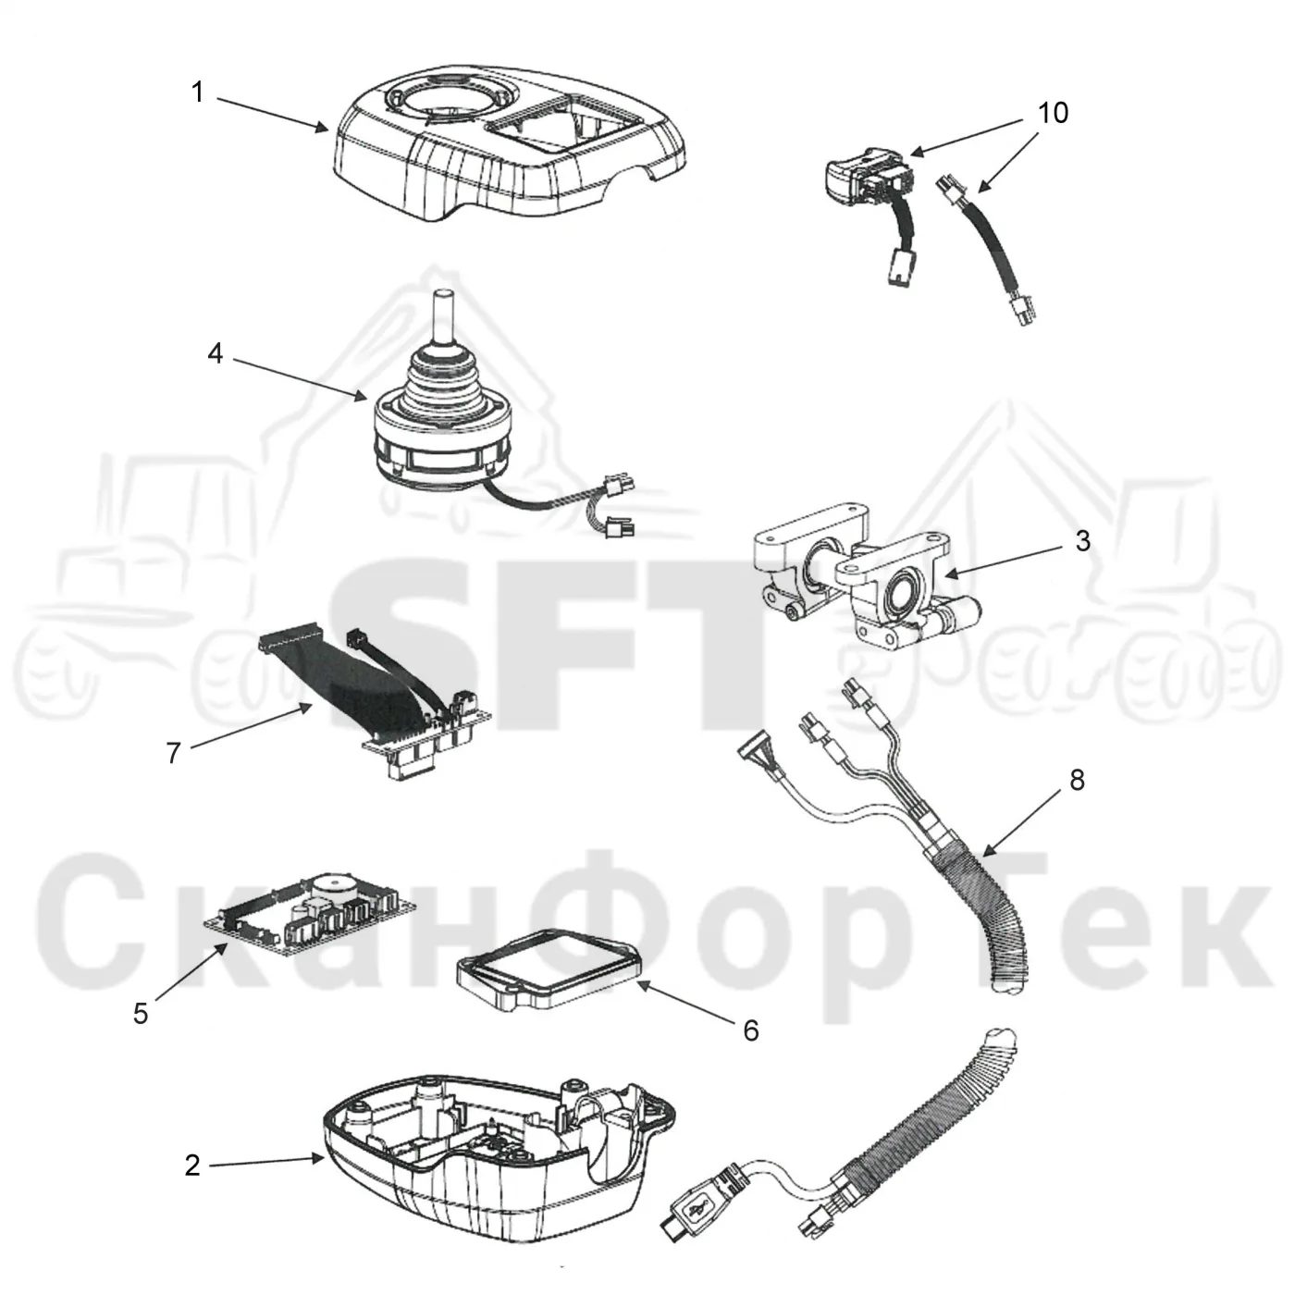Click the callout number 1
tap(197, 92)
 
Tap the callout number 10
tap(1053, 113)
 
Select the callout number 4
tap(215, 352)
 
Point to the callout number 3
tap(1082, 540)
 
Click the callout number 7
tap(174, 753)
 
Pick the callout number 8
tap(1077, 780)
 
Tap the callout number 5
tap(140, 1014)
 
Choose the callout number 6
tap(751, 1030)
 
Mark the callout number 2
tap(192, 1165)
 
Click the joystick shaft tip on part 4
tap(444, 294)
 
